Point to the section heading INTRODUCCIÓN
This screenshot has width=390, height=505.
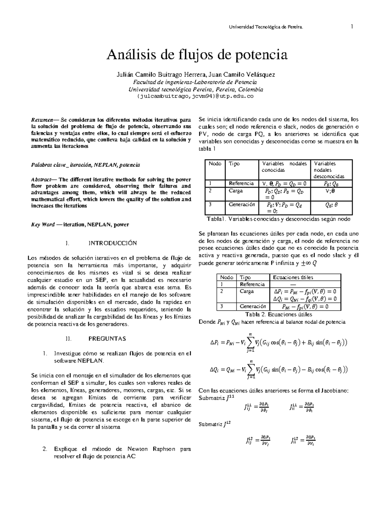point(113,243)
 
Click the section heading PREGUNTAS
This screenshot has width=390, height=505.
point(107,339)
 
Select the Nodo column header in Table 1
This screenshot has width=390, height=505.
point(214,164)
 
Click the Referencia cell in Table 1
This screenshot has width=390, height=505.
point(241,183)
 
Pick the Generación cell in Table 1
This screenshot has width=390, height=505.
point(242,205)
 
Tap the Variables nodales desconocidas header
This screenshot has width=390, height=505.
point(329,170)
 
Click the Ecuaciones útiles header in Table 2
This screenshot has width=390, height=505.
point(293,277)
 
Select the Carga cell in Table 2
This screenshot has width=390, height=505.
point(247,291)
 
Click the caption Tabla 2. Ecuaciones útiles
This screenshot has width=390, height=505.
point(279,314)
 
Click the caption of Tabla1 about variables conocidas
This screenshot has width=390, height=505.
point(279,219)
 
